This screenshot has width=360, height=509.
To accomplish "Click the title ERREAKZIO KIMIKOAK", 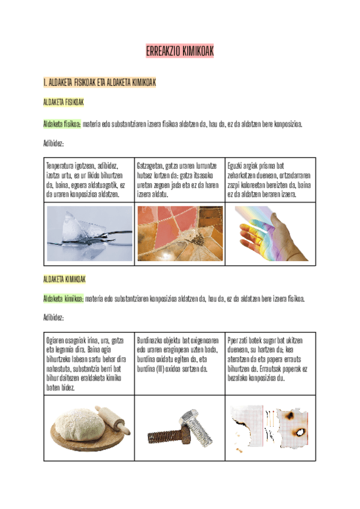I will (x=179, y=53).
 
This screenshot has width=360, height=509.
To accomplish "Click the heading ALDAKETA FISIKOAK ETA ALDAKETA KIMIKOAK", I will (x=99, y=82).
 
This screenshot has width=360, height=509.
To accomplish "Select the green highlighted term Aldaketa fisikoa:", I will (x=62, y=124).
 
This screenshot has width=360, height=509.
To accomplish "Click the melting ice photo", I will (x=90, y=233).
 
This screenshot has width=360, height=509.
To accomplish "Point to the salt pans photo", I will (x=180, y=233).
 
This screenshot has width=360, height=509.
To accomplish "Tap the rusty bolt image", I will (x=180, y=427).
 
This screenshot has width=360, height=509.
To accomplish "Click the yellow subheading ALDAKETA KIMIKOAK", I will (x=64, y=279).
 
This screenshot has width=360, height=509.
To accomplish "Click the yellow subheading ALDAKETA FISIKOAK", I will (x=63, y=103).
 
